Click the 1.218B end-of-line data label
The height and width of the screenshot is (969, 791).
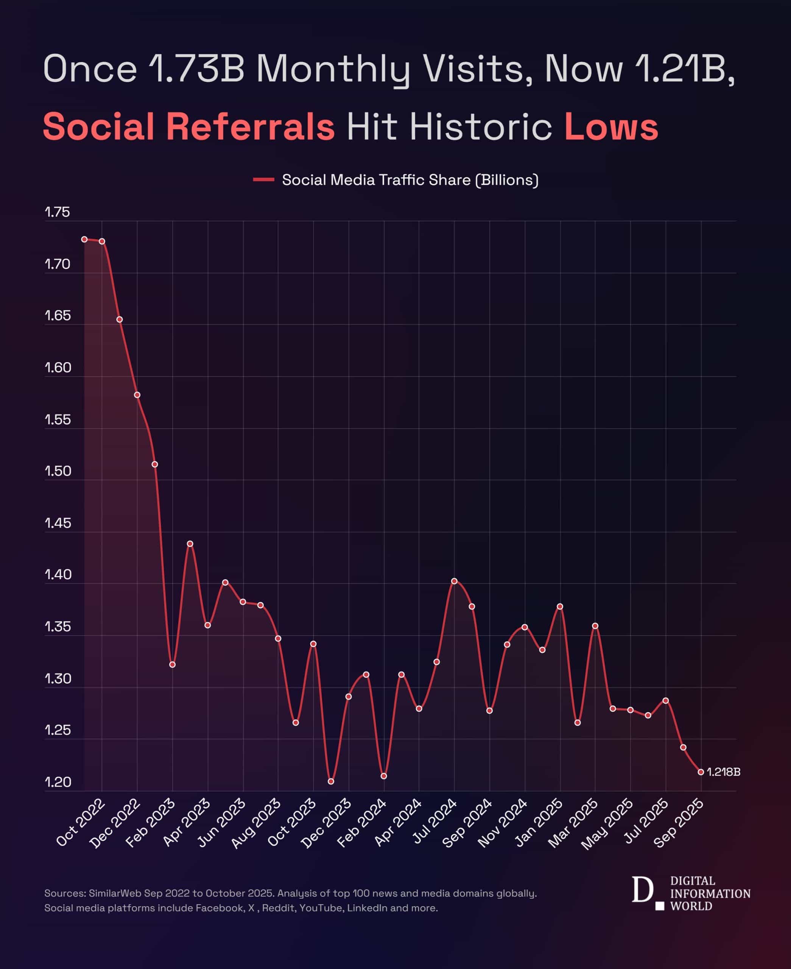[724, 772]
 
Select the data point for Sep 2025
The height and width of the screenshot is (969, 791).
[701, 772]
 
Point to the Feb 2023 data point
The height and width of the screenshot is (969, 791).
[172, 665]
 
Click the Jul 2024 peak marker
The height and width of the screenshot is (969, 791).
[454, 581]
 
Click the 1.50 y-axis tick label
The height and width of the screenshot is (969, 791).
[58, 471]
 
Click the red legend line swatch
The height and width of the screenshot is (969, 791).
[263, 179]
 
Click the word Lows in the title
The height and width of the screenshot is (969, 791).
[611, 127]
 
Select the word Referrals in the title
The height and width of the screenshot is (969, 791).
[250, 127]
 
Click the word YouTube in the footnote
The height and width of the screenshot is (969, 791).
[321, 908]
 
